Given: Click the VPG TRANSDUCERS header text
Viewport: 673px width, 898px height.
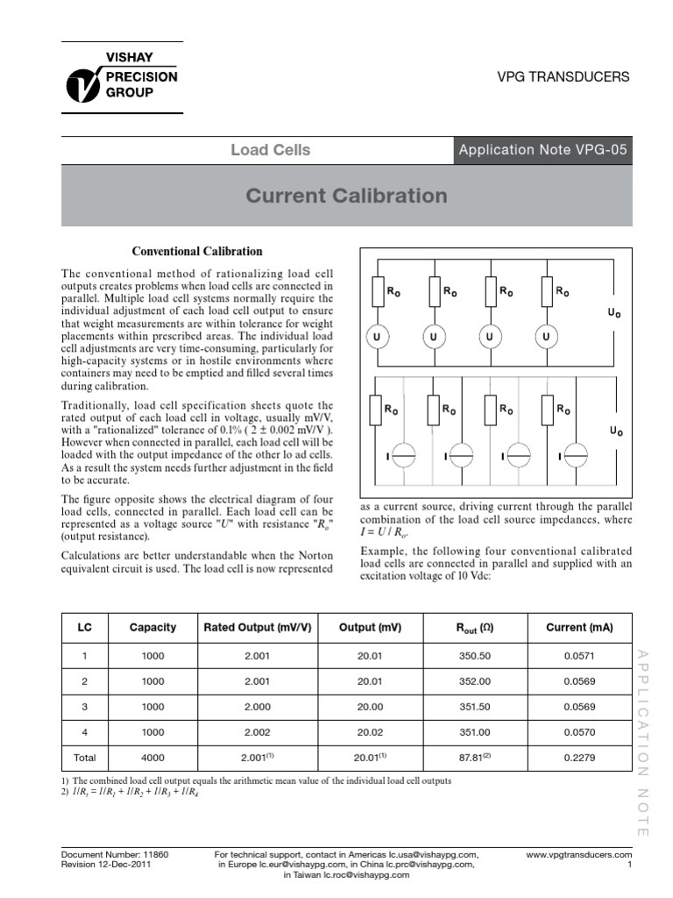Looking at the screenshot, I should pyautogui.click(x=563, y=77).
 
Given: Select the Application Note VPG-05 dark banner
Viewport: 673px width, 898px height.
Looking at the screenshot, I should pyautogui.click(x=542, y=150).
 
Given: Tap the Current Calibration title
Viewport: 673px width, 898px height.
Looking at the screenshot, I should pyautogui.click(x=346, y=196).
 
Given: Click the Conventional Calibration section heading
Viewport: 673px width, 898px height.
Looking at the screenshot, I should pyautogui.click(x=196, y=252).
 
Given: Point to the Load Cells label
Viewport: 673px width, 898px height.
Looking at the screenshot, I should pyautogui.click(x=270, y=150).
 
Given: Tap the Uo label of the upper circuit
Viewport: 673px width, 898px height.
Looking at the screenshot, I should pyautogui.click(x=615, y=314).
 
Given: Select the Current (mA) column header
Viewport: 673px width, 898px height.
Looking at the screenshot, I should pyautogui.click(x=579, y=627).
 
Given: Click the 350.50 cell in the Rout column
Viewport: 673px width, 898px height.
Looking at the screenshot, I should pyautogui.click(x=472, y=655).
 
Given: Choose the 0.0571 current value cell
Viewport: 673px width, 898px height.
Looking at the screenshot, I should pyautogui.click(x=579, y=655).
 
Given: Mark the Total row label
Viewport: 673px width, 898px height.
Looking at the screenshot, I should pyautogui.click(x=85, y=758).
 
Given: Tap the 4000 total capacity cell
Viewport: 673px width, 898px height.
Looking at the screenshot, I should pyautogui.click(x=152, y=758).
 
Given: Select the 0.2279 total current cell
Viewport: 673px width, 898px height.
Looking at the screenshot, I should pyautogui.click(x=579, y=758).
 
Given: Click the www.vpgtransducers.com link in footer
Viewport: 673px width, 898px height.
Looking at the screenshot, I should pyautogui.click(x=578, y=853).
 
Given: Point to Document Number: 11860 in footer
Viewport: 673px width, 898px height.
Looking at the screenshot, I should pyautogui.click(x=115, y=853).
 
